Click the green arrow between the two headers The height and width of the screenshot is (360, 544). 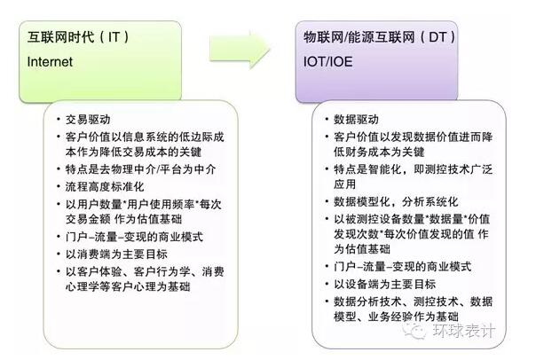coord(240,49)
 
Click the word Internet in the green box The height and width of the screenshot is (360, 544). coord(50,62)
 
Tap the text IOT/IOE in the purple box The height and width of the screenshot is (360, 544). coord(327,62)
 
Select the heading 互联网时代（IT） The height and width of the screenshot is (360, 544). coord(78,36)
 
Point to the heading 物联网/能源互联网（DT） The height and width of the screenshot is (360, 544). coord(380,36)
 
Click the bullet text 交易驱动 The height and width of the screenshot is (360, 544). coord(88,120)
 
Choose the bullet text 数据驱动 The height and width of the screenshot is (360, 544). coord(356,120)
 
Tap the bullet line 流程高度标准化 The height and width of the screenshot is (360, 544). coord(105,187)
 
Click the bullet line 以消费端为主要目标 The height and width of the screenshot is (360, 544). coord(116,254)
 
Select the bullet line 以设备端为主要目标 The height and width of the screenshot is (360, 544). coord(385,285)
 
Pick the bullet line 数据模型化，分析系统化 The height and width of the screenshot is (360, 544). coord(396,201)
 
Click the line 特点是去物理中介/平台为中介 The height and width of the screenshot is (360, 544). coord(140,169)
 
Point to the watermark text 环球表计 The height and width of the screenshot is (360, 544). coord(463,331)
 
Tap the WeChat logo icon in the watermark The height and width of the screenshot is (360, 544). coord(415,330)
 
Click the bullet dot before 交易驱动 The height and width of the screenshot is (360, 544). coord(59,119)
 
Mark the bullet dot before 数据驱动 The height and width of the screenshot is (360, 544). coord(327,119)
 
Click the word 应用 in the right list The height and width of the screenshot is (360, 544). coord(345,184)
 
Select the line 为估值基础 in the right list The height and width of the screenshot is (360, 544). coord(362,249)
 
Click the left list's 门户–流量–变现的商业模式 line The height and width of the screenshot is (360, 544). coord(134,237)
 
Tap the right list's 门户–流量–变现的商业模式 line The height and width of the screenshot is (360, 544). coord(402,267)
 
